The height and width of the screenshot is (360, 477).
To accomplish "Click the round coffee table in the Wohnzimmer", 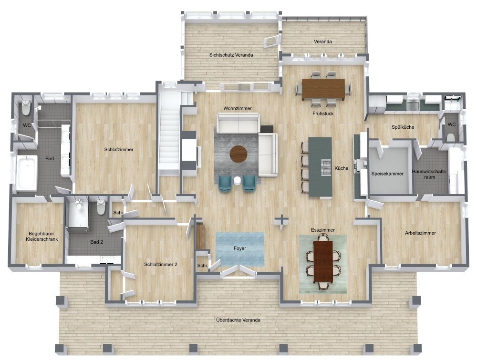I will click(x=238, y=154).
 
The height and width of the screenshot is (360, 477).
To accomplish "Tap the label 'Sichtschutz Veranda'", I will click(x=231, y=55).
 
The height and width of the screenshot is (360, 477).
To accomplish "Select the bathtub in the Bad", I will click(x=27, y=173).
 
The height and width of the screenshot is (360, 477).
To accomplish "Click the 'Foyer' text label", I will click(x=240, y=248).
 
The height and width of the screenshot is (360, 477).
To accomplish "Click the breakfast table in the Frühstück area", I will click(x=323, y=88).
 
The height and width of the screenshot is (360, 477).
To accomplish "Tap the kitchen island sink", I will click(x=327, y=165).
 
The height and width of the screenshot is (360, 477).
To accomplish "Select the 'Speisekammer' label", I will click(x=387, y=174).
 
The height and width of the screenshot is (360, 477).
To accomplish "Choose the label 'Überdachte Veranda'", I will click(x=238, y=320).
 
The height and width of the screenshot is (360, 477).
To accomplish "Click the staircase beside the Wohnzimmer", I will click(x=168, y=129).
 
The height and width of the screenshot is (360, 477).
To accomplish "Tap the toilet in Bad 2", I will click(x=101, y=207).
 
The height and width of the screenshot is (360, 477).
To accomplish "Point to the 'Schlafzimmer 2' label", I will click(x=161, y=264).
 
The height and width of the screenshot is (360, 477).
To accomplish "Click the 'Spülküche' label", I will click(x=403, y=127).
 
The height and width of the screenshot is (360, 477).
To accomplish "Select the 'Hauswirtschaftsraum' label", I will click(x=431, y=175).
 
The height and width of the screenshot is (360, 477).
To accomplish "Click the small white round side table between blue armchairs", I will click(x=237, y=180).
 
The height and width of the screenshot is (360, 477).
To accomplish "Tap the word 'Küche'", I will click(x=342, y=168).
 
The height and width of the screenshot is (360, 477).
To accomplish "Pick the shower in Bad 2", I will click(x=78, y=214).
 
